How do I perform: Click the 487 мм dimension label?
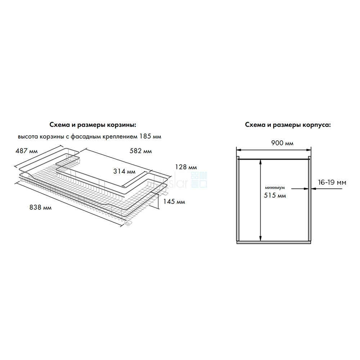(x=26, y=151)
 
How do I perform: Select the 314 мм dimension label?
(x=125, y=171)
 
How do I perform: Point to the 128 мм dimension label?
(x=186, y=167)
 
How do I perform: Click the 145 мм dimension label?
(x=175, y=202)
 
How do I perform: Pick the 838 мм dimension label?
(x=40, y=208)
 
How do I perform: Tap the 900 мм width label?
(x=283, y=143)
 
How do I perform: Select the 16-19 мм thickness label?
(x=332, y=183)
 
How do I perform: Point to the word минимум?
(x=274, y=188)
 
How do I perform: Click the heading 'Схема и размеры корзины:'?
(x=93, y=125)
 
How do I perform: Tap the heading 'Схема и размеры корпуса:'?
(x=288, y=125)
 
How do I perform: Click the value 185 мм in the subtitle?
(x=150, y=136)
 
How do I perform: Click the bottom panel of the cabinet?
(x=274, y=242)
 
